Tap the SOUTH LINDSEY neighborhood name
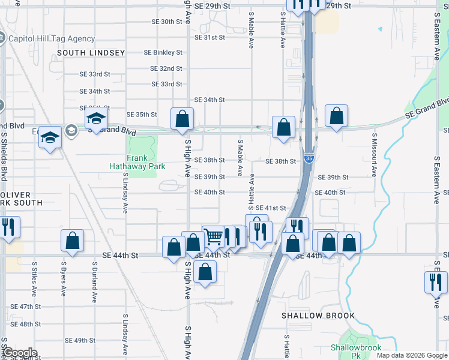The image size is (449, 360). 91,53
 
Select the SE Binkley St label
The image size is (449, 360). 163,53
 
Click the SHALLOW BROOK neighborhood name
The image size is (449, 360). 318,316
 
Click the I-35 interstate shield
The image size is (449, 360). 309,158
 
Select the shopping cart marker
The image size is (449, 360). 213,236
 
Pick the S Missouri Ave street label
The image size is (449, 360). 373,160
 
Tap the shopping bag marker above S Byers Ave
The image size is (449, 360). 72,241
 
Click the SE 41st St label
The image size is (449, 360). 271,208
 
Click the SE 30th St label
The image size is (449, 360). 167,22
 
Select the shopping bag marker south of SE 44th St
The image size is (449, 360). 205,272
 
